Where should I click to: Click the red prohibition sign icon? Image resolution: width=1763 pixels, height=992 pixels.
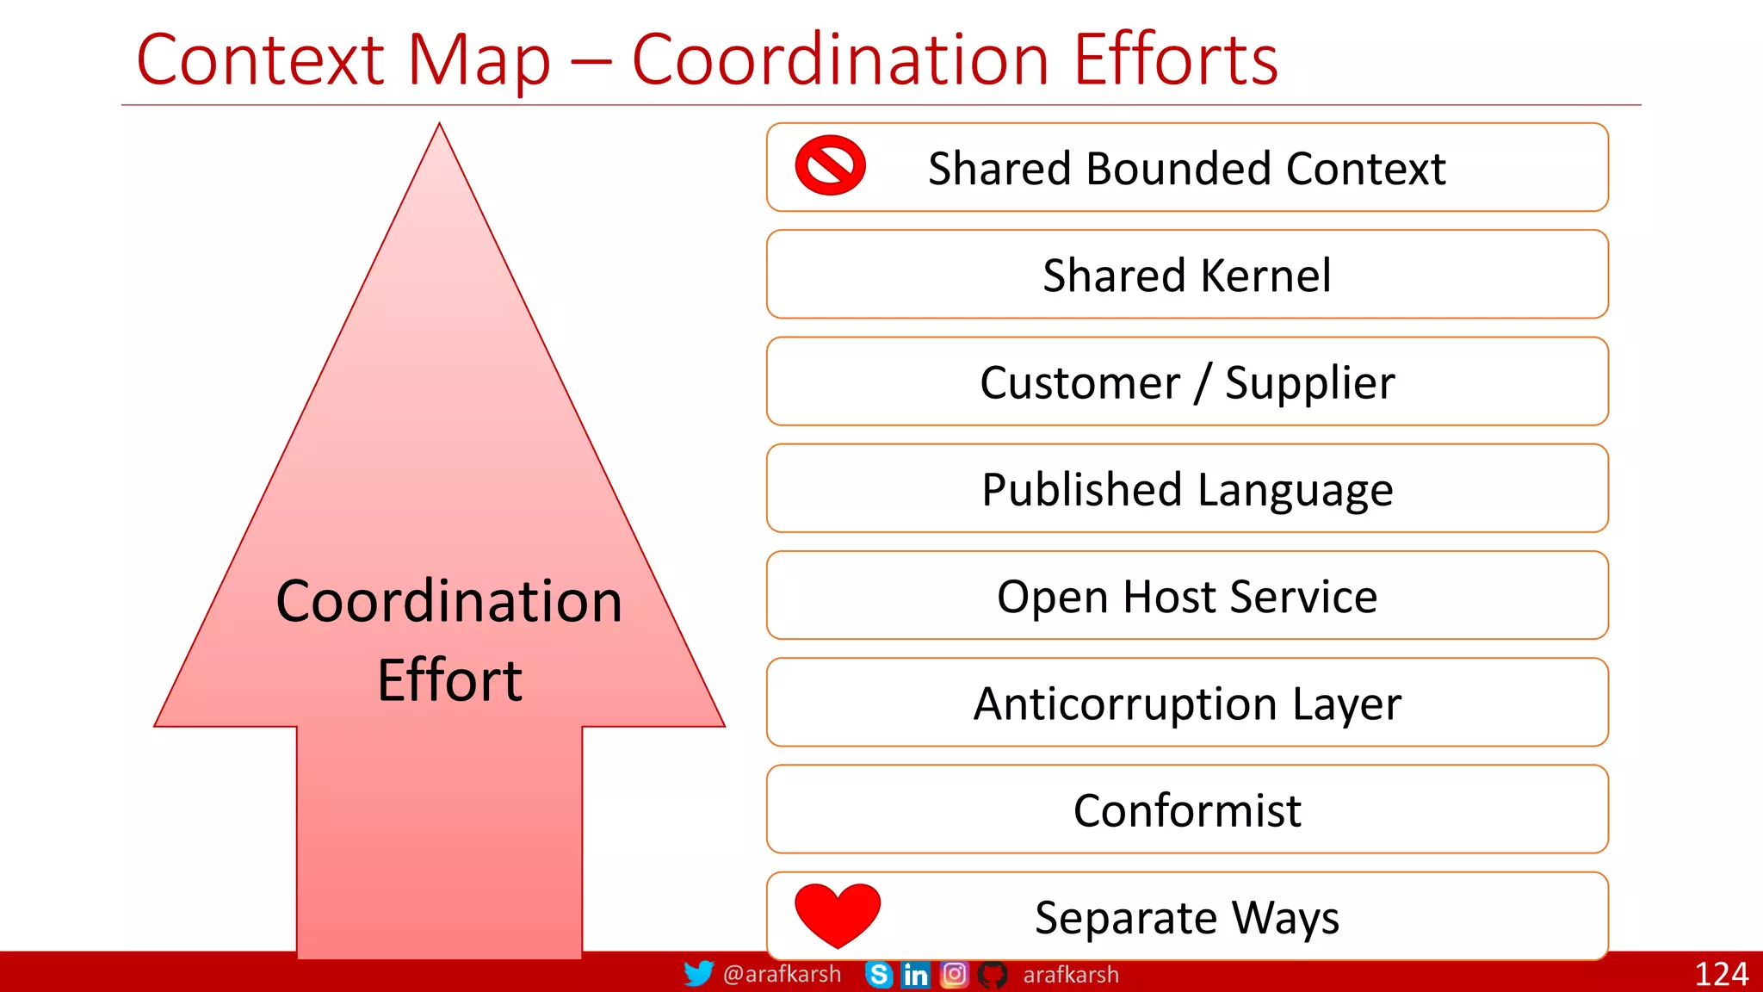coord(830,165)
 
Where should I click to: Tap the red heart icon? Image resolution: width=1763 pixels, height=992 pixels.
coord(837,914)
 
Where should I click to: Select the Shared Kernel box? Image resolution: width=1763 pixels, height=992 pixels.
coord(1186,275)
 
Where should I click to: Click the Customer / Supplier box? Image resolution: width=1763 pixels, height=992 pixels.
coord(1186,381)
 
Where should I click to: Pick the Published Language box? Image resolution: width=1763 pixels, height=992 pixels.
coord(1186,489)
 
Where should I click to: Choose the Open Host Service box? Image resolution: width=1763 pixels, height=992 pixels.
coord(1186,596)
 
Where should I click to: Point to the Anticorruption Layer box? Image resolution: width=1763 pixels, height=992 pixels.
coord(1186,703)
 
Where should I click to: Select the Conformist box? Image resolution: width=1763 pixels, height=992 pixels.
coord(1186,809)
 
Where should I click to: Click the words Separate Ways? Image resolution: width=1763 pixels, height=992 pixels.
coord(1186,917)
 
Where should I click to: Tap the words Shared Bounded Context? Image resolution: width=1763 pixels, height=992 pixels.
coord(1186,168)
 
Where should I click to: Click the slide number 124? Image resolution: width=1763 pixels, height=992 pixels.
coord(1720,974)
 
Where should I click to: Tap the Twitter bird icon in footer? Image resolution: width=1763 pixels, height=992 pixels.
coord(698,974)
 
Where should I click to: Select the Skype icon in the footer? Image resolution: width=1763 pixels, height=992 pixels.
coord(878,975)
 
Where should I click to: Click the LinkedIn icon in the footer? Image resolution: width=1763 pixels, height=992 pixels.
coord(915,975)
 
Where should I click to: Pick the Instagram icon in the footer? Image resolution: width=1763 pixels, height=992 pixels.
coord(954,975)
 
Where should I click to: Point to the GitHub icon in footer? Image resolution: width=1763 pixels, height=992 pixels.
coord(992,975)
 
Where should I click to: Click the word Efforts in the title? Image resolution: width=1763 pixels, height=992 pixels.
coord(1175,60)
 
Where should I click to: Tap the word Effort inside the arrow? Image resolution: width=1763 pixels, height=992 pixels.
coord(449,680)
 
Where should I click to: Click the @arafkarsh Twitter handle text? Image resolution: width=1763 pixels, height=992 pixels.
coord(782,974)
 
